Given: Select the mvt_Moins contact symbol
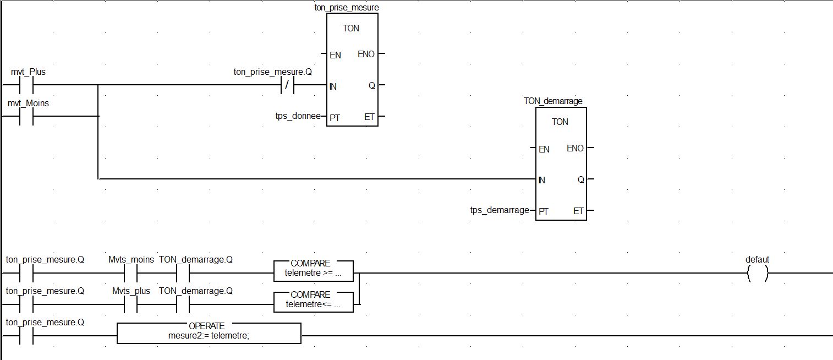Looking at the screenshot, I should point(26,116).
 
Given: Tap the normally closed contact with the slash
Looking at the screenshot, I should point(287,85).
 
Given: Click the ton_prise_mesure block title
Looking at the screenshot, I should point(350,8).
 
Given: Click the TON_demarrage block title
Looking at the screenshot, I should point(553,101).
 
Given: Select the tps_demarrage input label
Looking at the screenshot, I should point(500,210).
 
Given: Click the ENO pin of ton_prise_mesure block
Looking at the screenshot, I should point(366,54).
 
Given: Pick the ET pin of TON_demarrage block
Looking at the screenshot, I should point(578,211).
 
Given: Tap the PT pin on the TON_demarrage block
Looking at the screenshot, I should point(544,211).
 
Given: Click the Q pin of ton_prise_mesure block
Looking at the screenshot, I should point(372,85).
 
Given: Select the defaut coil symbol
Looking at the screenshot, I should point(757,272).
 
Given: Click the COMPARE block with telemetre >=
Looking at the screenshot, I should point(314,268).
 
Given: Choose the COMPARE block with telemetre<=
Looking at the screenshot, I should point(314,299).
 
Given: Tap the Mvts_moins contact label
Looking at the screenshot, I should point(131,260).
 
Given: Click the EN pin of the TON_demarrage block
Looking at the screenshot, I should point(544,149).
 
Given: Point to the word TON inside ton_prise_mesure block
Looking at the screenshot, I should point(351,28).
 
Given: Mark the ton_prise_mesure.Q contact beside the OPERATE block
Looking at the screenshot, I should point(26,335).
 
